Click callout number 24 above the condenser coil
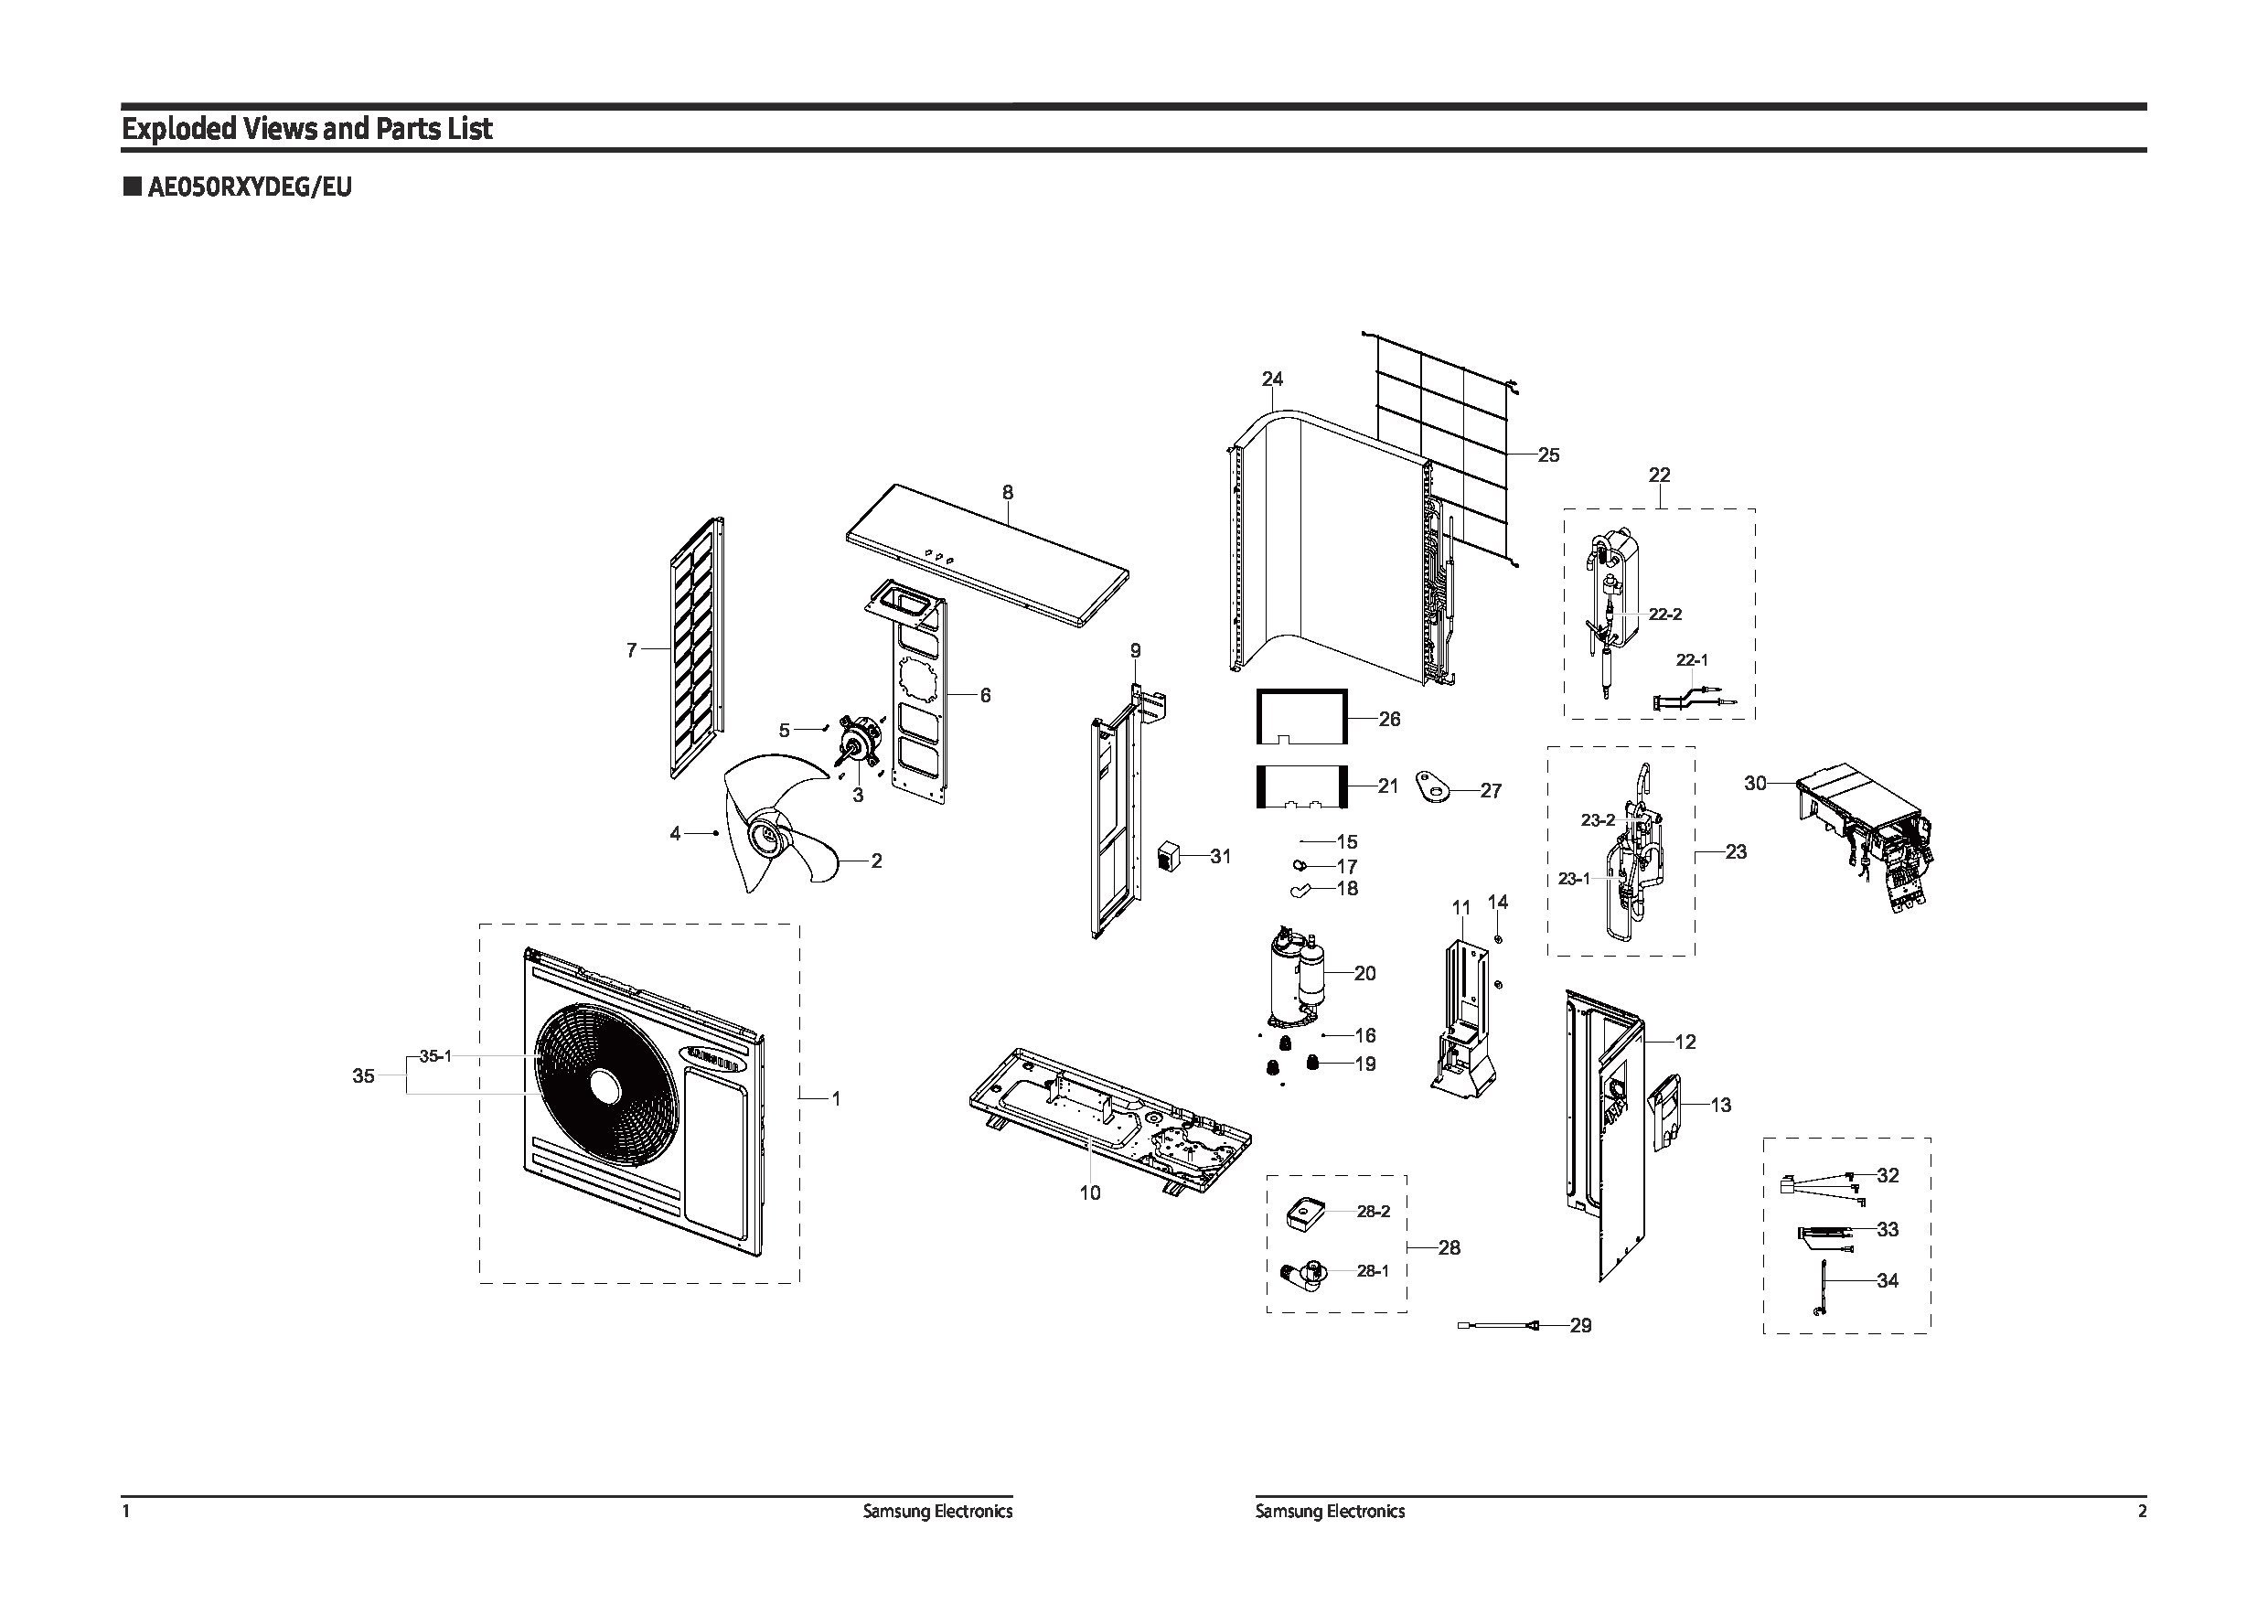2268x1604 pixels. (1271, 380)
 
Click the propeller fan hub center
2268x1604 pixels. (767, 838)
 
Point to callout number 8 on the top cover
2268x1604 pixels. (1007, 492)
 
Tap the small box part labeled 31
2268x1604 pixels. (1170, 855)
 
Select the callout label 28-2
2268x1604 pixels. (1373, 1211)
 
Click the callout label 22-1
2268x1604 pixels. (1692, 659)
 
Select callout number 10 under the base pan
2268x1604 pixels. (1088, 1193)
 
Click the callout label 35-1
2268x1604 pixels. (434, 1056)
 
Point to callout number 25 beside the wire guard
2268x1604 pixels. (1548, 455)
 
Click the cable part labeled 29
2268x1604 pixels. (1502, 1325)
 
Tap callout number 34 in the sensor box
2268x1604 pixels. (1887, 1281)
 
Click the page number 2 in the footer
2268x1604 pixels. (2141, 1511)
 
